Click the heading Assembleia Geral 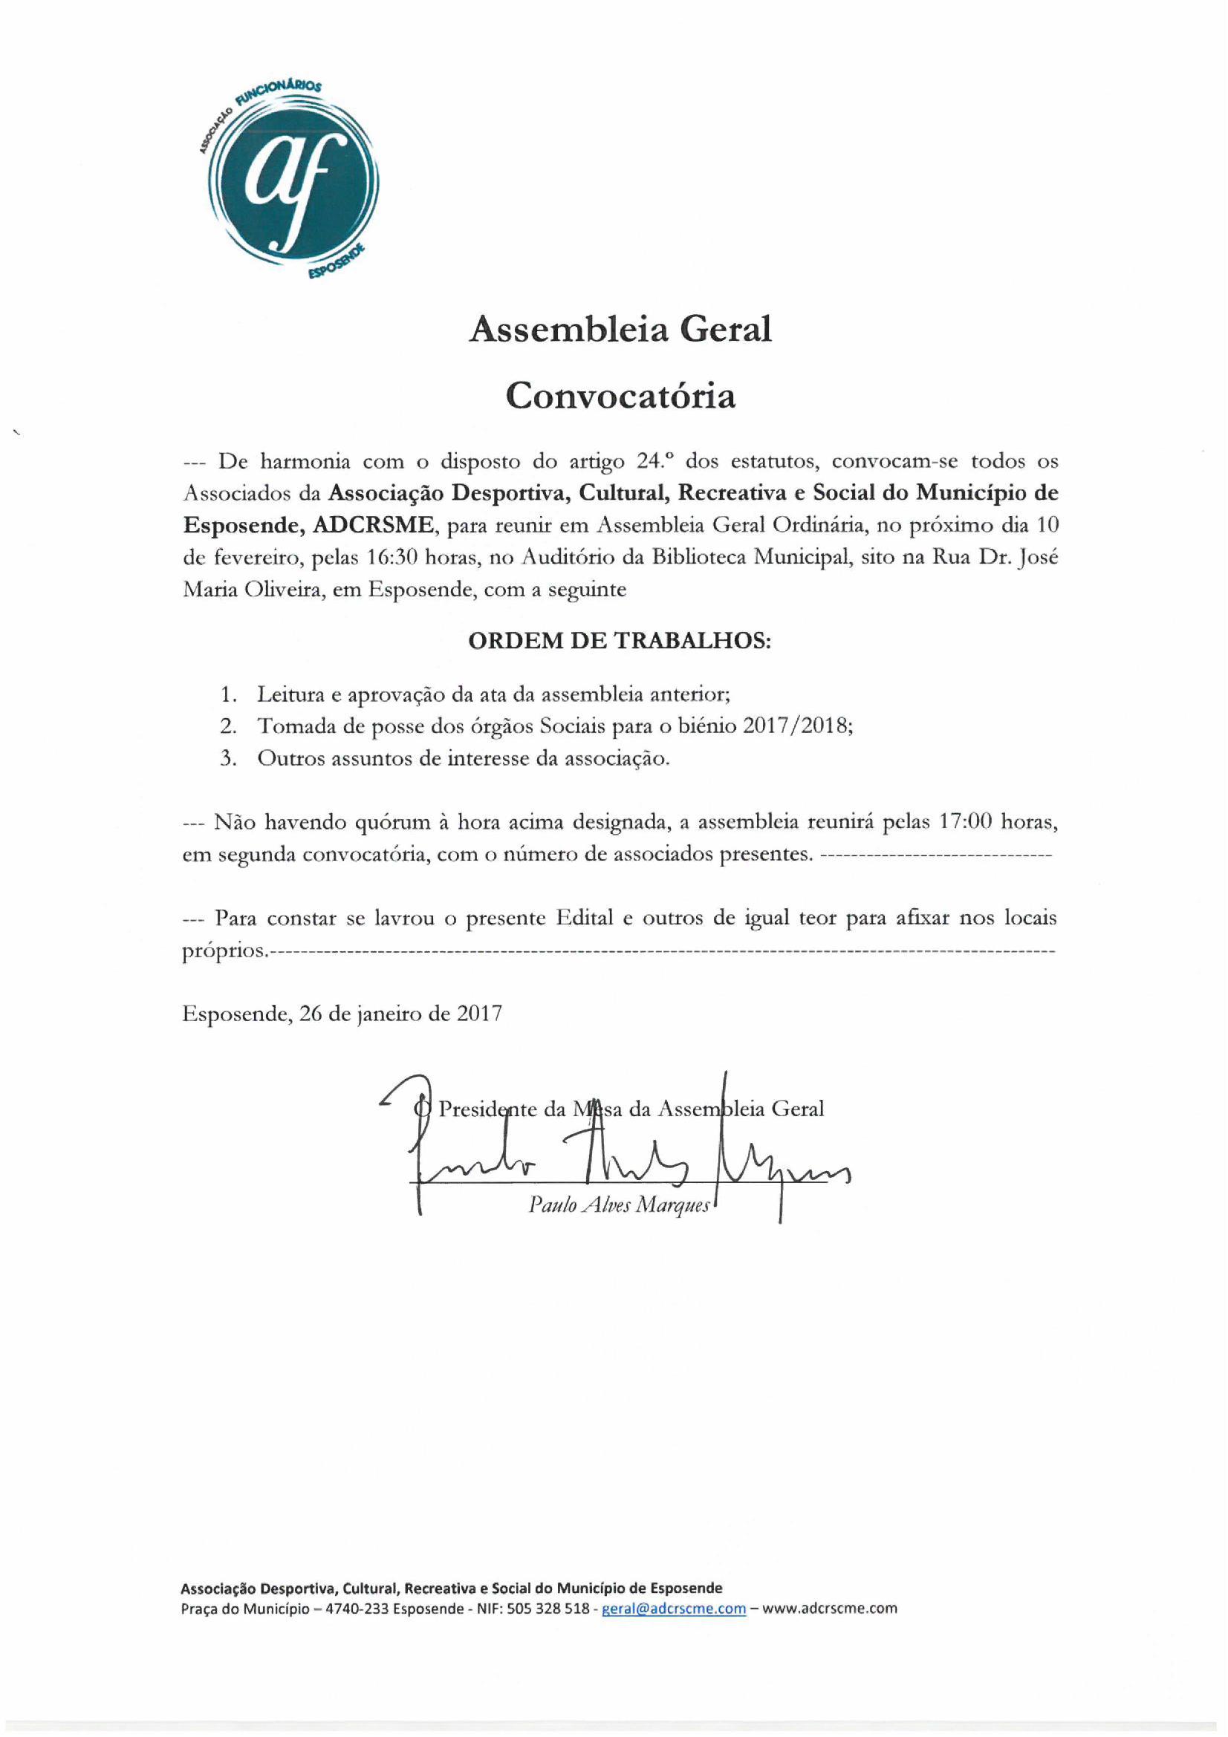point(620,330)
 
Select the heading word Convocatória point(620,396)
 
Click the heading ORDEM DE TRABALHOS point(620,641)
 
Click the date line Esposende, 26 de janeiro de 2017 point(342,1014)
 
